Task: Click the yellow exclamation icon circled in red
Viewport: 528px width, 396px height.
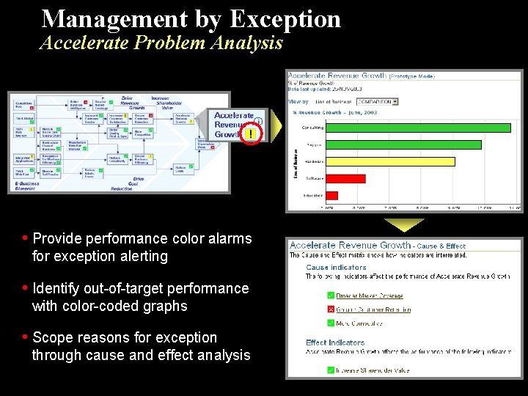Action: coord(252,134)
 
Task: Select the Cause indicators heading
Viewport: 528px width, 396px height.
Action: coord(336,268)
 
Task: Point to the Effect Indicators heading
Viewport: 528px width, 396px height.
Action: coord(335,342)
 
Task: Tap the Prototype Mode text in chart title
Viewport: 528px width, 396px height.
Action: coord(411,76)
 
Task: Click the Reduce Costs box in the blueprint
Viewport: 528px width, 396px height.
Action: coord(180,169)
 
